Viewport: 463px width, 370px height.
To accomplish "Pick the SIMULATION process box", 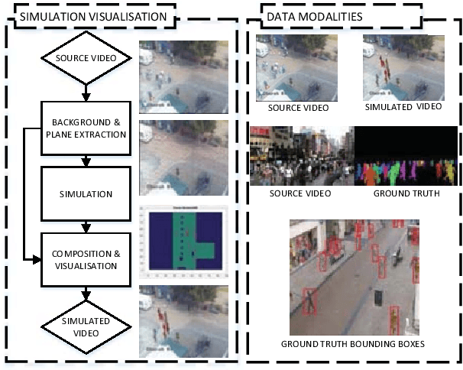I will (x=86, y=193).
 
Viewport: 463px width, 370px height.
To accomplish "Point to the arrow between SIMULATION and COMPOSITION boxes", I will (x=86, y=226).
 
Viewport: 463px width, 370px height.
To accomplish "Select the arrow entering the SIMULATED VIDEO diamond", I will (x=86, y=294).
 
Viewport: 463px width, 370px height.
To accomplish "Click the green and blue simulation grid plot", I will (x=183, y=241).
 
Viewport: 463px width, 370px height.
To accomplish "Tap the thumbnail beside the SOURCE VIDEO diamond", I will (x=183, y=76).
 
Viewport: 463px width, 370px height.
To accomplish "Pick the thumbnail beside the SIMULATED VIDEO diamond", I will (x=183, y=321).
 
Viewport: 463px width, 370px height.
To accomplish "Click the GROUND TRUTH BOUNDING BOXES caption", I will (x=353, y=343).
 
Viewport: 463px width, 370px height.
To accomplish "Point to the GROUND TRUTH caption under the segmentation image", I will (x=406, y=193).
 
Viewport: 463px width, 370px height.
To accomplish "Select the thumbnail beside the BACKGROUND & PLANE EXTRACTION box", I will (x=183, y=157).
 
